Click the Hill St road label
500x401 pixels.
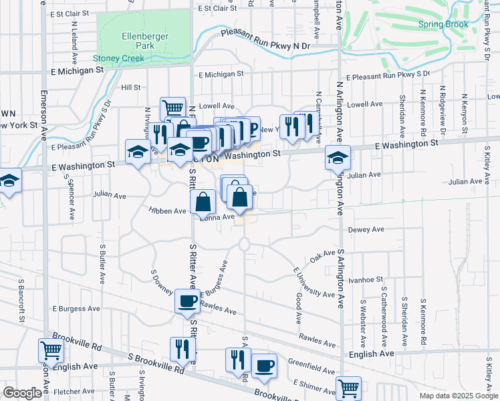click(x=130, y=88)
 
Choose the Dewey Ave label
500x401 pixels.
click(x=366, y=229)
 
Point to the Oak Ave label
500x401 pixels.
click(x=322, y=257)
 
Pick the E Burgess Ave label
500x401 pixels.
click(x=75, y=309)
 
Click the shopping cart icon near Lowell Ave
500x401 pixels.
click(x=172, y=107)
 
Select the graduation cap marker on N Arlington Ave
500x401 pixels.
click(x=338, y=158)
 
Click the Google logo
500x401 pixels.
click(x=22, y=393)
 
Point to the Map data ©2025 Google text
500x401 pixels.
click(x=457, y=396)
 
